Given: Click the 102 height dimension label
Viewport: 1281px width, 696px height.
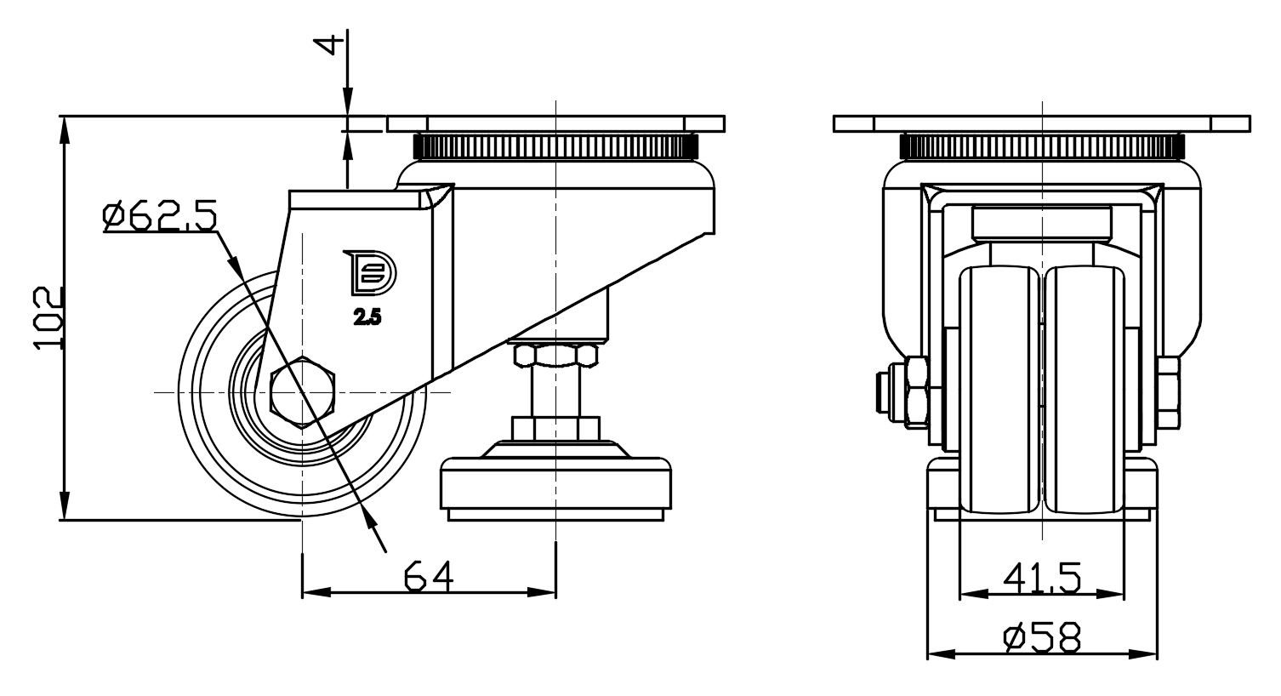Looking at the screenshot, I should tap(49, 317).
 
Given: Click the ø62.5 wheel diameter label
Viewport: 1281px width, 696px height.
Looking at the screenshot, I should tap(159, 216).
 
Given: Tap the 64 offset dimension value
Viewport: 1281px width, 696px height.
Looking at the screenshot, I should tap(429, 576).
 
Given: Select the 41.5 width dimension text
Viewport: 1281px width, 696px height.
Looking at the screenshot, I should tap(1042, 579).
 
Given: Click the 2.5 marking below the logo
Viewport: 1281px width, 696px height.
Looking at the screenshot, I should tap(368, 318).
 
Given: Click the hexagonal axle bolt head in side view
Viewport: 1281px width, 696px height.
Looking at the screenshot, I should tap(302, 392).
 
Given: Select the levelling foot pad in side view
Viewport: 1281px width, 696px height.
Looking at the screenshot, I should tap(555, 487).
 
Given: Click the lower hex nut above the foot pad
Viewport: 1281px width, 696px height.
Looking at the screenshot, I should tap(555, 426).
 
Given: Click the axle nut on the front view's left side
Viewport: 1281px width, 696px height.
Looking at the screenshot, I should tap(918, 392).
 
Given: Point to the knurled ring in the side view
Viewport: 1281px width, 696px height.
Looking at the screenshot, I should tap(555, 146).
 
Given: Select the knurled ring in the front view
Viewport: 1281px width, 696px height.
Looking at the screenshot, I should tap(1042, 146).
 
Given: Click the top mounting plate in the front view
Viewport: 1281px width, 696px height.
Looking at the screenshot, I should tap(1042, 123).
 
